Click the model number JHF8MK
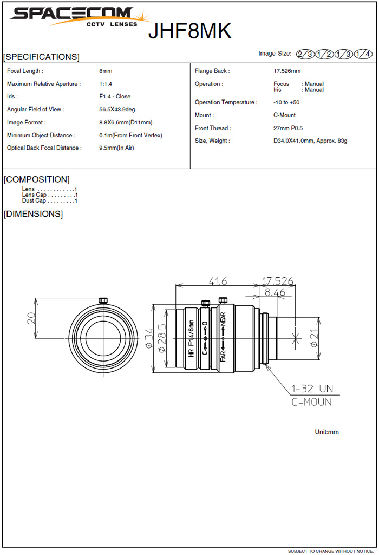point(190,31)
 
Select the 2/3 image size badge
point(305,54)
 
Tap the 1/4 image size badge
point(363,54)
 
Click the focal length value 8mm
point(106,71)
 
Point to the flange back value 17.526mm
point(287,71)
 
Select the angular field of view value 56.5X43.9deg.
point(118,109)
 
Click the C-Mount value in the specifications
point(285,115)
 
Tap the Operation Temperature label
point(226,102)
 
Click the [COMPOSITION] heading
point(37,179)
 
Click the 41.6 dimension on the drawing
point(217,281)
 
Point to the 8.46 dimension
point(275,292)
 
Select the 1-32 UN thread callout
point(311,389)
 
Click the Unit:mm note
point(326,432)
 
